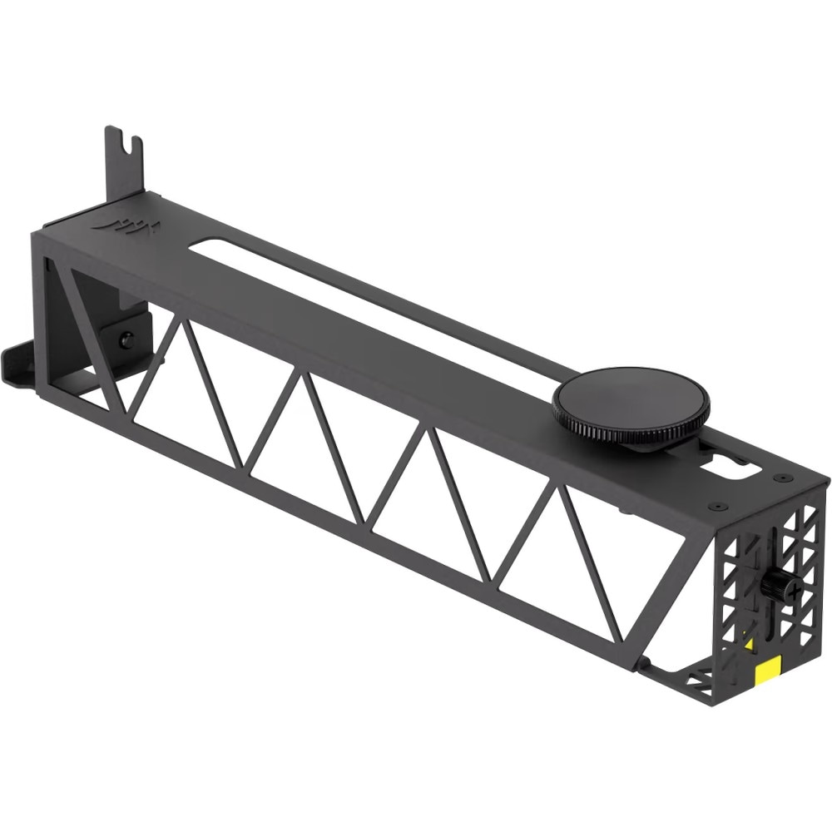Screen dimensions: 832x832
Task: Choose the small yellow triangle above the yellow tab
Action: [750, 645]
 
